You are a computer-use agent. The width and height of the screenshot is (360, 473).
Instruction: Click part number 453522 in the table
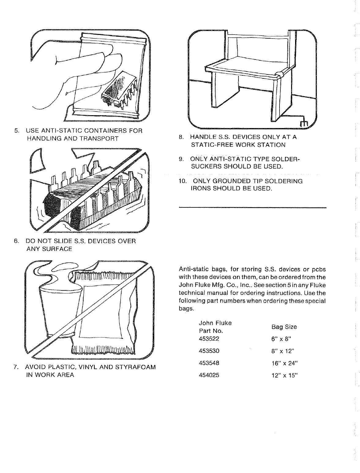tap(209, 339)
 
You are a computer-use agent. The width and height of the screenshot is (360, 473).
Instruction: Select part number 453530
tap(209, 351)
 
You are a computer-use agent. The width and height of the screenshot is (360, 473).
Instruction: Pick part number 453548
tap(209, 363)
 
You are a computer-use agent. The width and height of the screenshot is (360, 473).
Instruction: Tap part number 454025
tap(209, 375)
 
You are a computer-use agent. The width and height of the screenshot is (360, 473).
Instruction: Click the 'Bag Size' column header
tap(284, 327)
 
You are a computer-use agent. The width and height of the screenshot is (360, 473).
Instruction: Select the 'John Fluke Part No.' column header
tap(215, 327)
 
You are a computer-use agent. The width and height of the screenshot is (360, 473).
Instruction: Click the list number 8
tap(181, 137)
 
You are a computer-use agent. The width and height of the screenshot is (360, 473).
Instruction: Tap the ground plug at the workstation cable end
tap(303, 123)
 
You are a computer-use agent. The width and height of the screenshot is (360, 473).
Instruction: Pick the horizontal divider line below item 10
tap(252, 208)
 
